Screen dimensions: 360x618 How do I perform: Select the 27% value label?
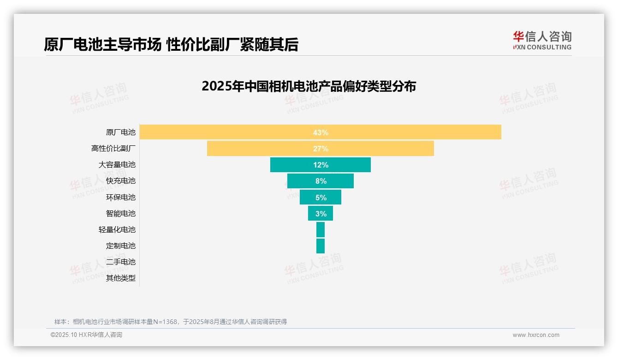[x=321, y=149]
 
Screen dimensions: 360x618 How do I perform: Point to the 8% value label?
[x=321, y=181]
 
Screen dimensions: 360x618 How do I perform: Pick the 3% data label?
[x=321, y=214]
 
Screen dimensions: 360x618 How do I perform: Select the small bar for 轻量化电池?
[x=321, y=229]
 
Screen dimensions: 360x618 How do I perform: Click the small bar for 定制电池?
[x=321, y=246]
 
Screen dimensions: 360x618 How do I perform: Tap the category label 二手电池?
[x=121, y=262]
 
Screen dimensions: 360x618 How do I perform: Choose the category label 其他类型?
[x=121, y=278]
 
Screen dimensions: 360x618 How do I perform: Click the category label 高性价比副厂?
[x=113, y=149]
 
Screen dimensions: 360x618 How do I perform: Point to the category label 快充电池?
[x=121, y=181]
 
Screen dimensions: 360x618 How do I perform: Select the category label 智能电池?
[x=121, y=213]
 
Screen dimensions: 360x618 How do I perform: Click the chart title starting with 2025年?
[x=309, y=86]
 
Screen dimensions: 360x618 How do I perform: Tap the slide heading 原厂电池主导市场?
[x=102, y=44]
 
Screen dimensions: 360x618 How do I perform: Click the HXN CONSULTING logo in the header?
[x=542, y=41]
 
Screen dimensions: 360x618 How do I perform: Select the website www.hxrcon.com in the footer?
[x=536, y=335]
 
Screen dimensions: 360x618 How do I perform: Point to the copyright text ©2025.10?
[x=86, y=335]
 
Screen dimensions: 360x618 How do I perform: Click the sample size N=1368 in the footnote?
[x=165, y=322]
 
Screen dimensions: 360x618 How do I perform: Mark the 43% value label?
[x=321, y=132]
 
